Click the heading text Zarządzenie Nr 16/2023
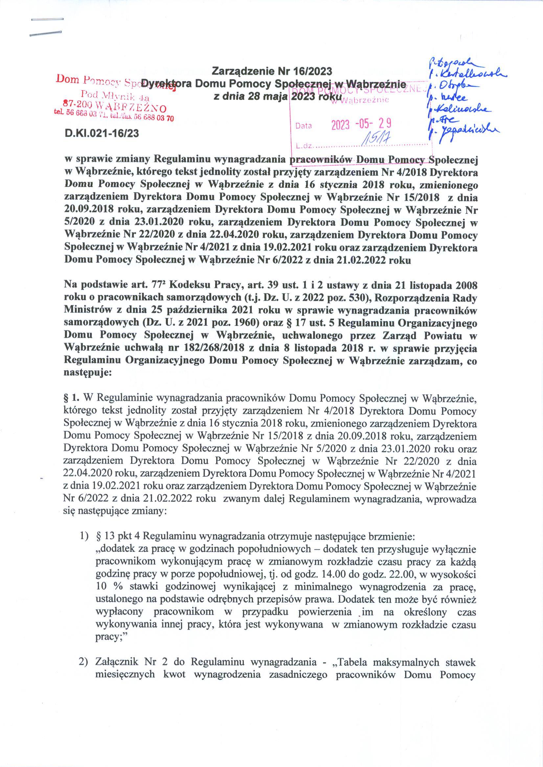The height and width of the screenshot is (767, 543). [x=272, y=71]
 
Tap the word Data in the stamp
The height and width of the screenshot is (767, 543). [x=304, y=126]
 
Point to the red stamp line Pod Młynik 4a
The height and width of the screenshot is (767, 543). [x=114, y=98]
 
